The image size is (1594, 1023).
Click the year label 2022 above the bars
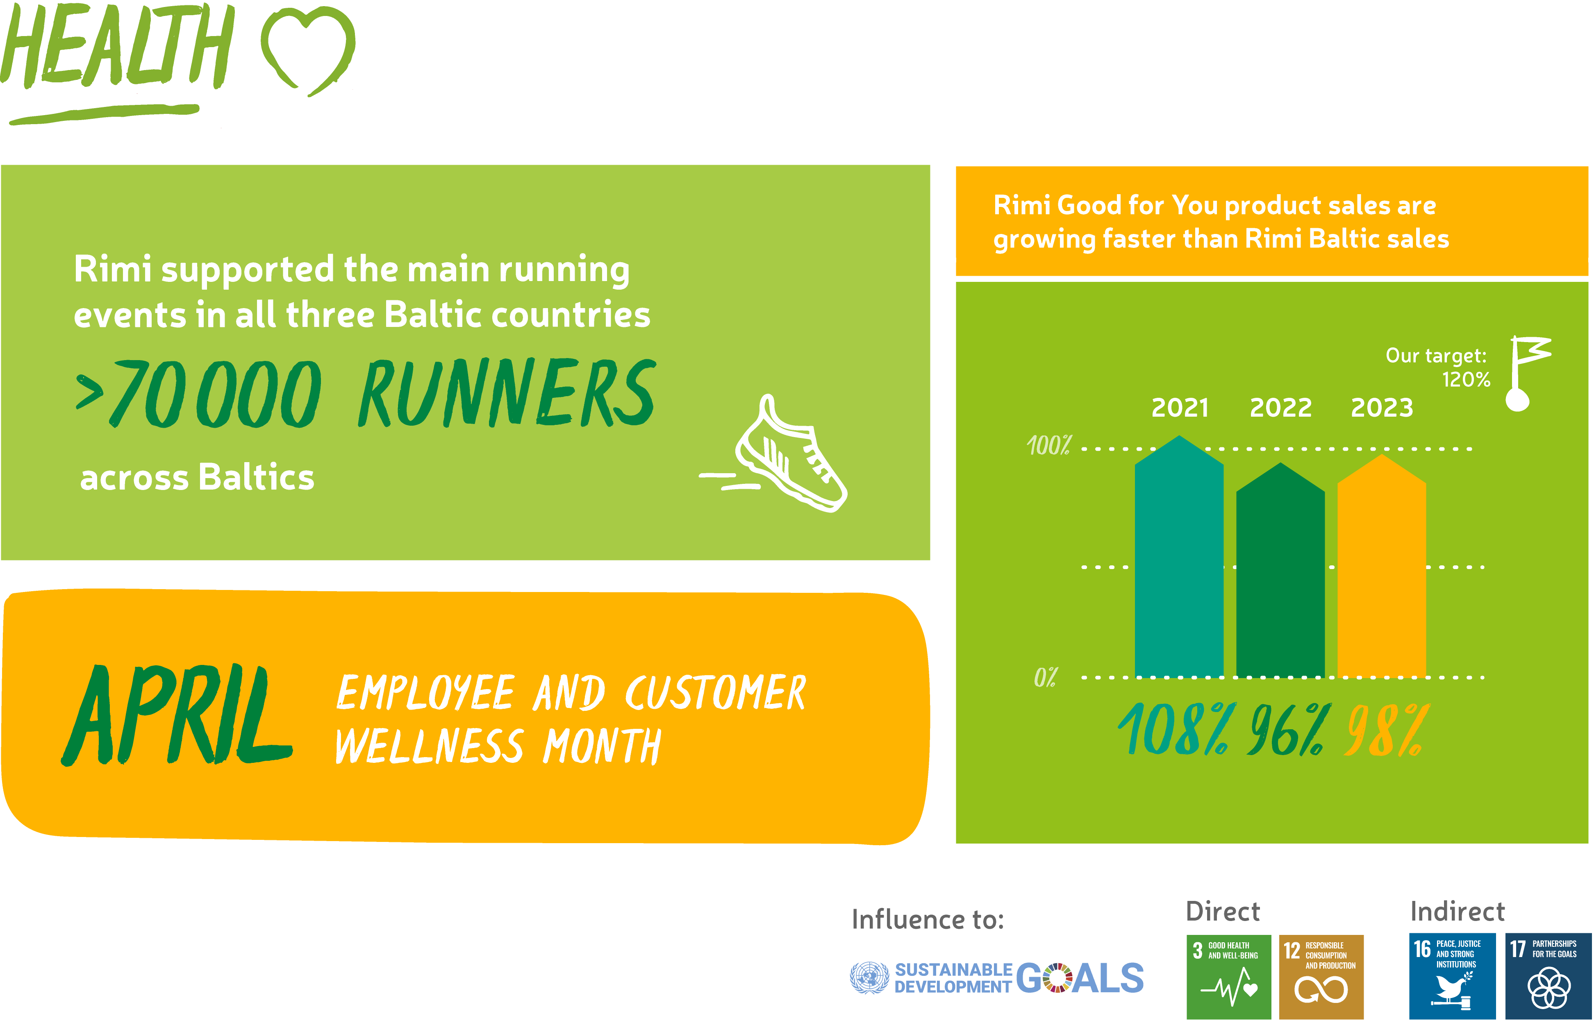(1280, 407)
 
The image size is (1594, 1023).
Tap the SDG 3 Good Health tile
(1228, 977)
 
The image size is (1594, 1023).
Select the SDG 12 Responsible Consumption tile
(1321, 977)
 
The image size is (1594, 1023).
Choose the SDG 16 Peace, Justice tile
(1453, 977)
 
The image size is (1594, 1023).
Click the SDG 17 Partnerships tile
(1548, 977)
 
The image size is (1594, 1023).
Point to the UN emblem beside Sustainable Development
(869, 978)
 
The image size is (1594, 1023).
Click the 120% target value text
(1466, 379)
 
